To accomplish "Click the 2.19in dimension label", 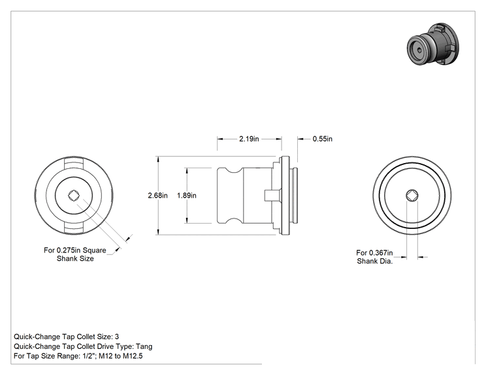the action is click(249, 139).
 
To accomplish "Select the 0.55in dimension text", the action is click(322, 139).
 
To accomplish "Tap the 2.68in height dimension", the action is click(158, 196).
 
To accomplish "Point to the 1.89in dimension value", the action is click(187, 196).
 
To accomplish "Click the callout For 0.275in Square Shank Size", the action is click(75, 254).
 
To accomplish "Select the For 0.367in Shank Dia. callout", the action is click(375, 257).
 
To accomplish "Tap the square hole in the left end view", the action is click(74, 195).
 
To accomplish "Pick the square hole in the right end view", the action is click(412, 195).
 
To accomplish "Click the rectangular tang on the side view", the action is click(268, 196).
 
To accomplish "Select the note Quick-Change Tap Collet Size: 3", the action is click(67, 337).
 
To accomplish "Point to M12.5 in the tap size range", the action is click(133, 356).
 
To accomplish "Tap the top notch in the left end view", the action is click(74, 163).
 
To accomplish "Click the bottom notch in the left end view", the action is click(74, 228).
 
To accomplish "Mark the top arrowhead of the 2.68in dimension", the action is click(158, 160).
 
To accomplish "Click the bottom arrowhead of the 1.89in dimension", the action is click(187, 220).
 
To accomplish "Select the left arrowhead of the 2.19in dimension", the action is click(220, 139).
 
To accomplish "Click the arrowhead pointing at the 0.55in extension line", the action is click(300, 139).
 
